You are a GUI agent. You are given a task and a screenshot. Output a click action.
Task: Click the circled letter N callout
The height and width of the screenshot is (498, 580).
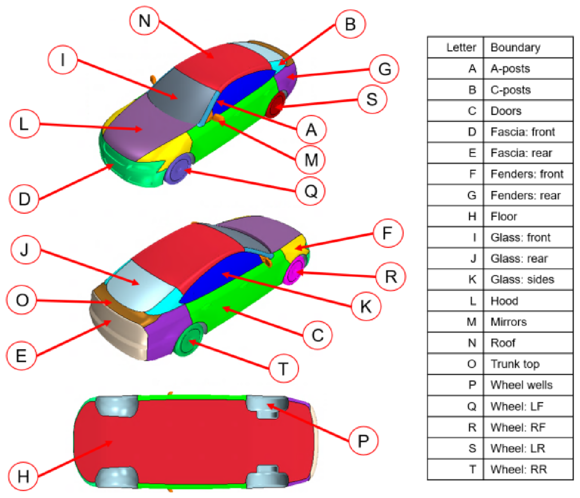[x=144, y=21]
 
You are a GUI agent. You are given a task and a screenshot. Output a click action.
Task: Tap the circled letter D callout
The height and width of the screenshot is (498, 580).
[x=24, y=199]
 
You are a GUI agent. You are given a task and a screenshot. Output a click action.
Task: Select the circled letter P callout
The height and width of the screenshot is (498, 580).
[x=363, y=440]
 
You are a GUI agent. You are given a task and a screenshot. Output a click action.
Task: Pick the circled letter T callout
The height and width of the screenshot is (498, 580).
[x=284, y=368]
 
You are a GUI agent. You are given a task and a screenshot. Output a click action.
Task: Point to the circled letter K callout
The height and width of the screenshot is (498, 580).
[x=366, y=306]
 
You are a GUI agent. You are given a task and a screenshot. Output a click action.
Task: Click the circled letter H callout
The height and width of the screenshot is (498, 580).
[x=24, y=476]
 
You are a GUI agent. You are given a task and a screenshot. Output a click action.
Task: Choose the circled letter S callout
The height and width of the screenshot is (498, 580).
[x=372, y=99]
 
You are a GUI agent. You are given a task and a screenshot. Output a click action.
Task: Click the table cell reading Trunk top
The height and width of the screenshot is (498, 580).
[x=528, y=364]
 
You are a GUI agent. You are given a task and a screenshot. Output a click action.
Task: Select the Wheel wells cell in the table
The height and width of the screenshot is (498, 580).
[x=528, y=385]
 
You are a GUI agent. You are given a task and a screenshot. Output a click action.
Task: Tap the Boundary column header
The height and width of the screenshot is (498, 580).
[x=528, y=47]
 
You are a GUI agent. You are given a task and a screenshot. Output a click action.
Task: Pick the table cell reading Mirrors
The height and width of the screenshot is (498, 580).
[x=528, y=321]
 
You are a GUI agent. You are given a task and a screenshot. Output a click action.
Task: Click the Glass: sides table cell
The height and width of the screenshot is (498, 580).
[x=528, y=279]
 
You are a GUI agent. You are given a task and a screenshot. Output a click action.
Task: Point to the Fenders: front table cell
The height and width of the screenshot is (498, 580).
[x=528, y=174]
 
